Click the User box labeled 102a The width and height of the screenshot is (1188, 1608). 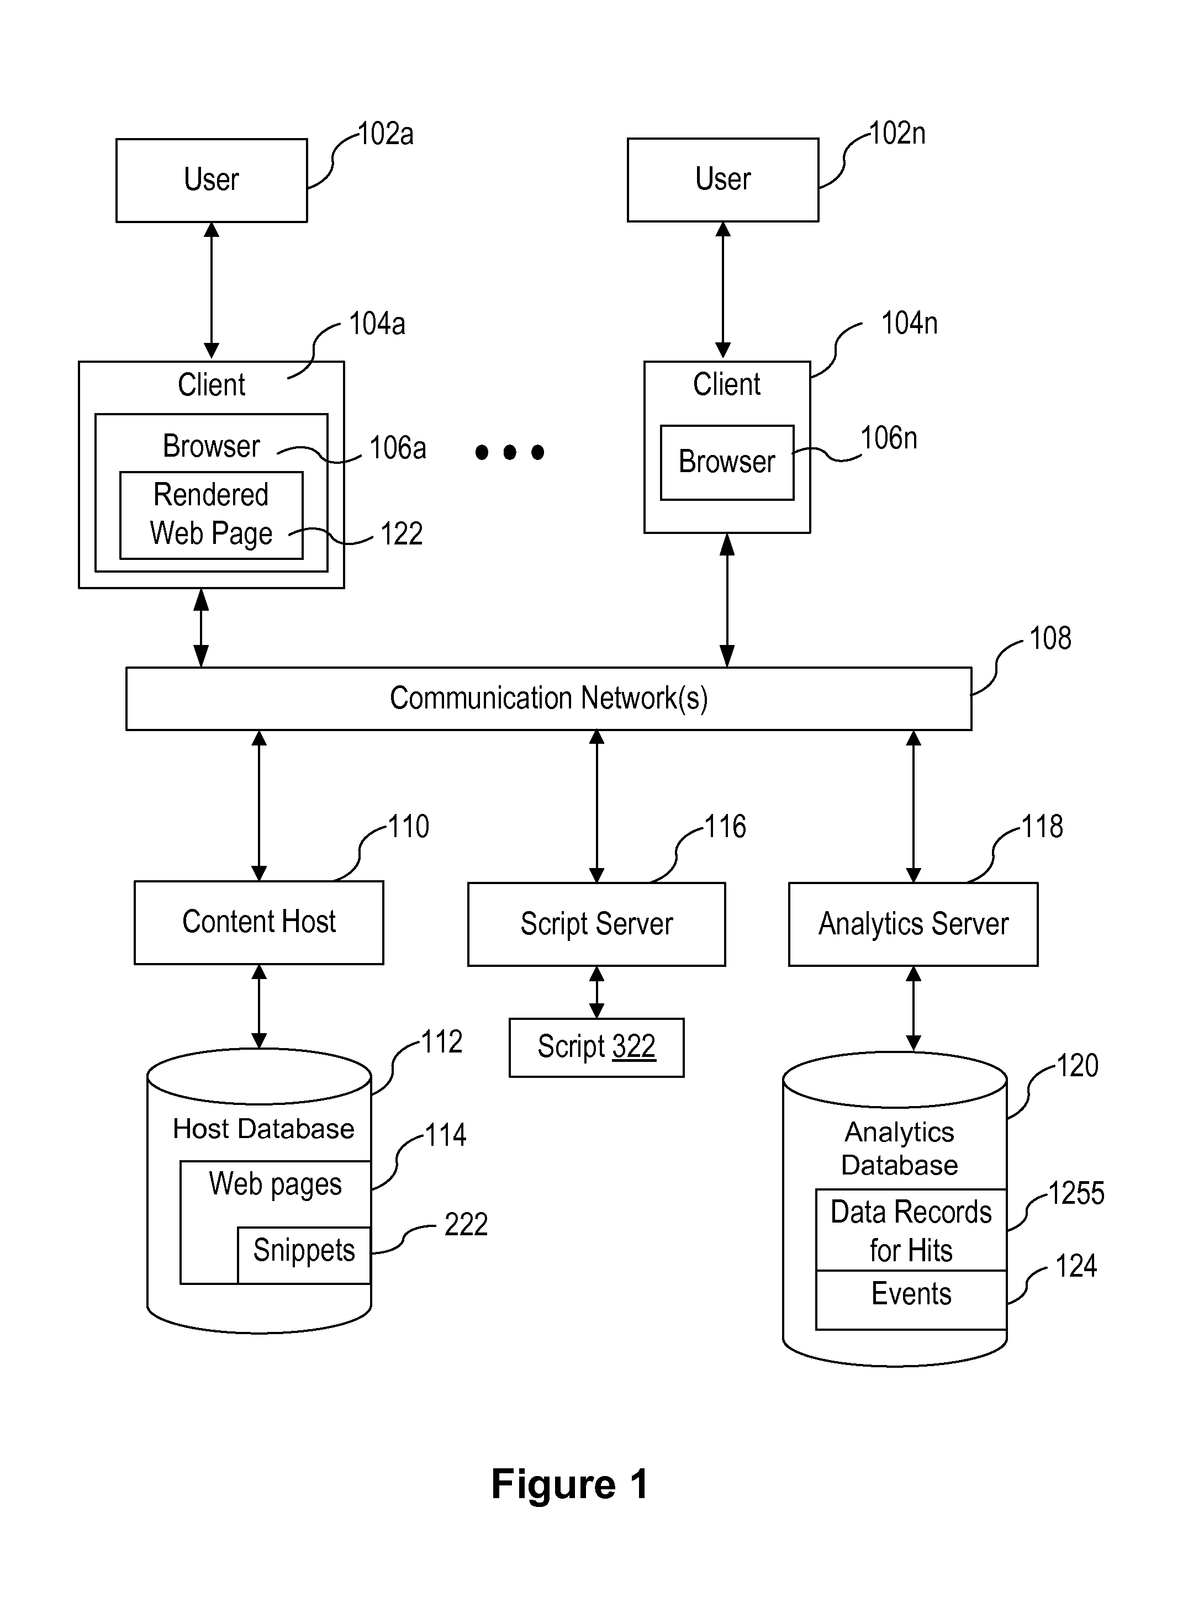tap(212, 179)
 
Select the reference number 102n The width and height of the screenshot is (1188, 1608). tap(897, 134)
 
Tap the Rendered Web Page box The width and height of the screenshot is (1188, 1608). tap(212, 515)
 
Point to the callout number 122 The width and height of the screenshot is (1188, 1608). tap(402, 534)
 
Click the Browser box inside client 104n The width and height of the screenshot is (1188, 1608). tap(727, 462)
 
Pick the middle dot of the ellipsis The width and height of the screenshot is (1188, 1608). tap(510, 452)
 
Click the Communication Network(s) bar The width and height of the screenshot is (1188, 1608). tap(548, 699)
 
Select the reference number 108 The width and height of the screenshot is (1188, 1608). tap(1050, 638)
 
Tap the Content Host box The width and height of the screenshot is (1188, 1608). tap(259, 922)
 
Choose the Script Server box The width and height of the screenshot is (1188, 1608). tap(596, 924)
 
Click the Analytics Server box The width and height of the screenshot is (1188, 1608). tap(914, 924)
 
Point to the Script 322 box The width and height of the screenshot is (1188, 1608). tap(596, 1048)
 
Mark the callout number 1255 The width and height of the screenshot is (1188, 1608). tap(1076, 1193)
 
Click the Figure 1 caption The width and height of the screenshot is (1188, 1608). tap(569, 1484)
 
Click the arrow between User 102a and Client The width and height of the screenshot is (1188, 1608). tap(212, 290)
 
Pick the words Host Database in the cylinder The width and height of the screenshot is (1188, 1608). tap(263, 1129)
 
